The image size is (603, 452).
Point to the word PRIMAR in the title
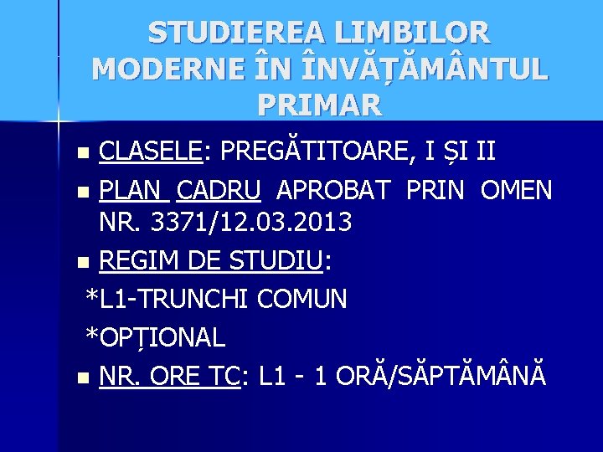pyautogui.click(x=321, y=104)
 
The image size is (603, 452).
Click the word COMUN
pyautogui.click(x=303, y=299)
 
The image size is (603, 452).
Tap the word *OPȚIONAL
pyautogui.click(x=156, y=336)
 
